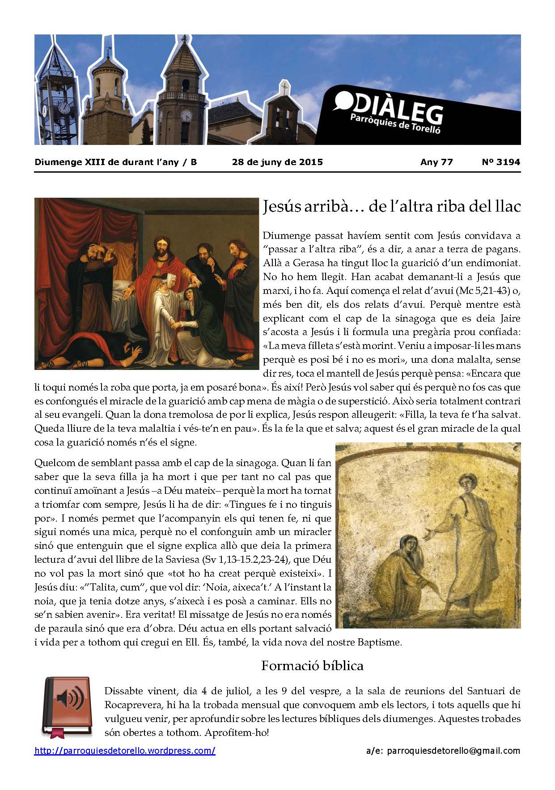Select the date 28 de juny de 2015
point(277,162)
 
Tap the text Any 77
point(436,162)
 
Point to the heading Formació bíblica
point(312,666)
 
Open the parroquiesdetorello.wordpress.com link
point(125,751)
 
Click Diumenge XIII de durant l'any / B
point(115,162)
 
